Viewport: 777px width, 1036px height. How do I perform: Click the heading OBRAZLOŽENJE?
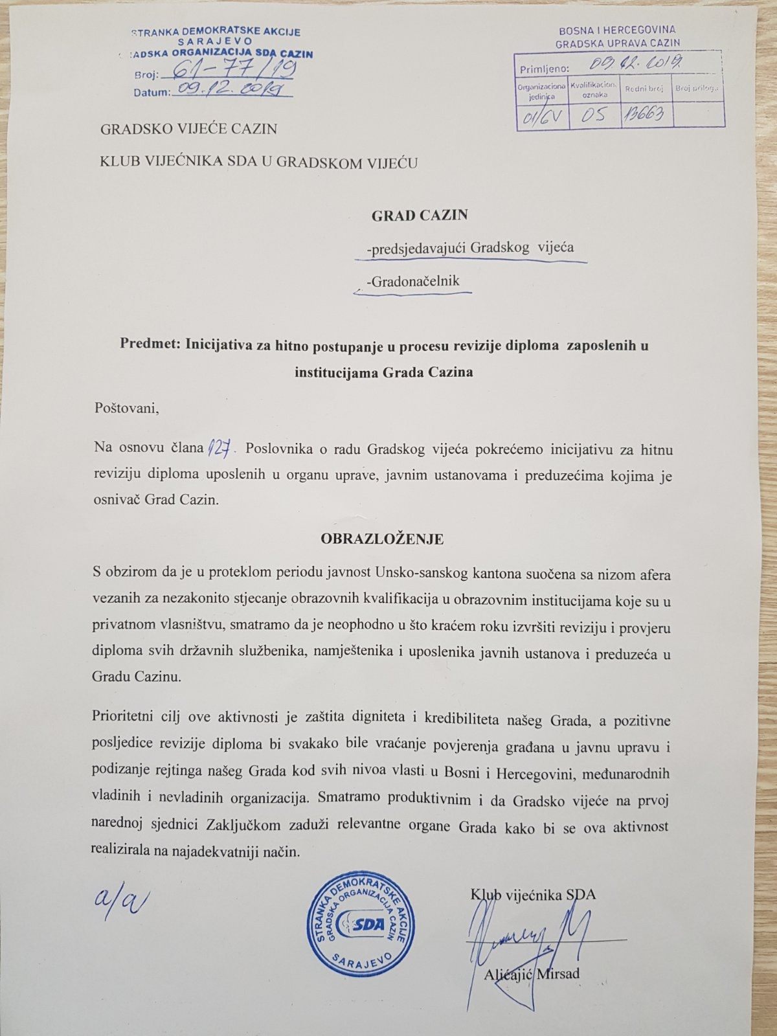tap(382, 539)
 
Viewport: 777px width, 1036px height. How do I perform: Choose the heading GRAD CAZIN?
tap(419, 215)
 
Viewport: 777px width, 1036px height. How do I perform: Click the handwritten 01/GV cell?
tap(541, 117)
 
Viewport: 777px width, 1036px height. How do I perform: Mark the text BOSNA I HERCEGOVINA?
tap(617, 30)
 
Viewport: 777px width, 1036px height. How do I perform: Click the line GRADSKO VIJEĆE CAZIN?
tap(188, 129)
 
